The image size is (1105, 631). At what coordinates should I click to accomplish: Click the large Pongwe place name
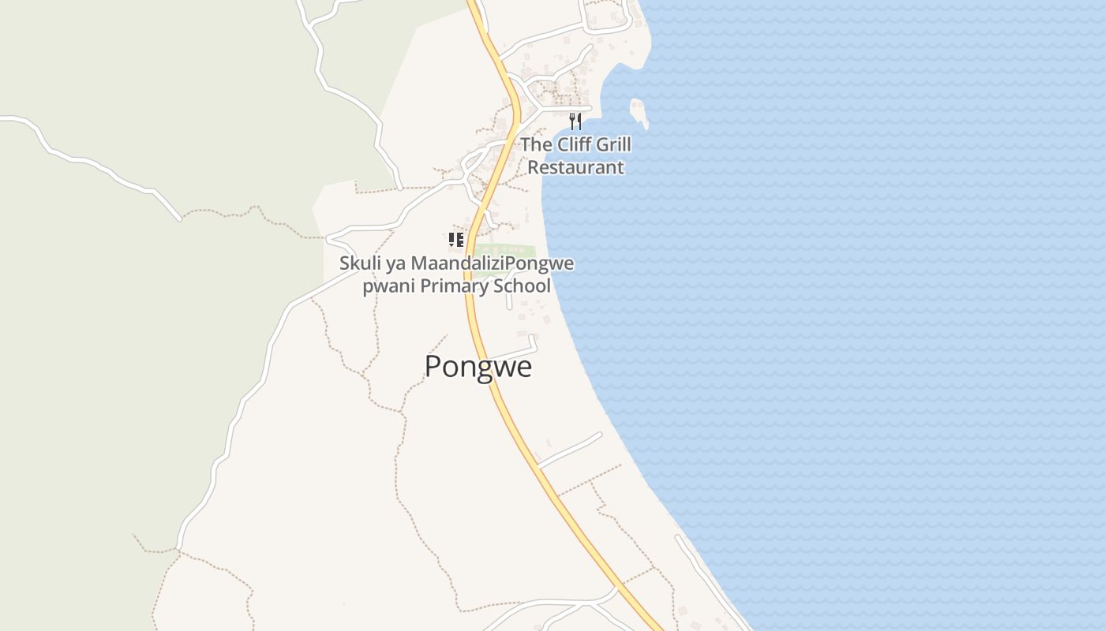click(x=478, y=367)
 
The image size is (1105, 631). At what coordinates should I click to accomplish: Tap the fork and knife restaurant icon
click(x=575, y=121)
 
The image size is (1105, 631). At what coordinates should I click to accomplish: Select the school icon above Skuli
click(x=455, y=240)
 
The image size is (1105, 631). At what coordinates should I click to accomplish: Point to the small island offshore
click(x=639, y=112)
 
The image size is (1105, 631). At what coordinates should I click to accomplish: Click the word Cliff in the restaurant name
click(x=574, y=144)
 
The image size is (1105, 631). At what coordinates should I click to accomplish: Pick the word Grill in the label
click(x=613, y=144)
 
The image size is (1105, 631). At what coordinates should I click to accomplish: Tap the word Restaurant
click(x=575, y=167)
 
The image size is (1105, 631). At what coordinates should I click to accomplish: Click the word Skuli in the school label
click(x=359, y=263)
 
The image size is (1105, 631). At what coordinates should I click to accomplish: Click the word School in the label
click(x=522, y=286)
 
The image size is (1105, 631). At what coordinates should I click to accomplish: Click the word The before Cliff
click(x=536, y=144)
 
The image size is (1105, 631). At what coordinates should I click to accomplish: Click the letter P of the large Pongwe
click(x=433, y=367)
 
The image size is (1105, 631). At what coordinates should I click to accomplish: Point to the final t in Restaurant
click(x=620, y=167)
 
